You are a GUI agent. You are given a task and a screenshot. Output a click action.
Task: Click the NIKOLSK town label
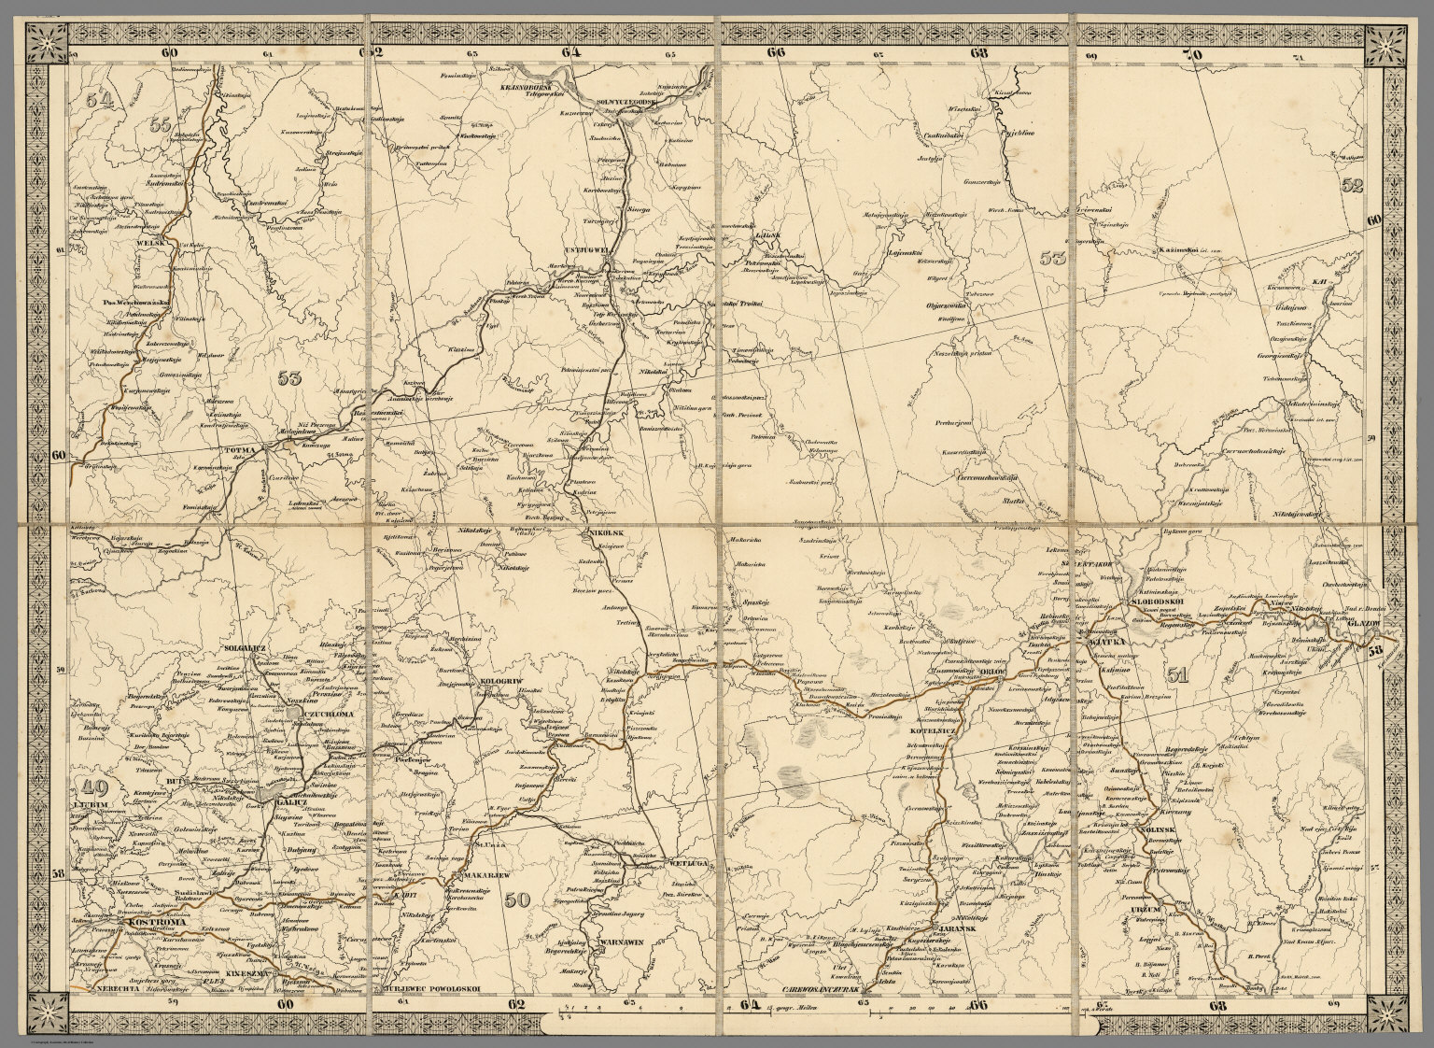(x=603, y=532)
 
